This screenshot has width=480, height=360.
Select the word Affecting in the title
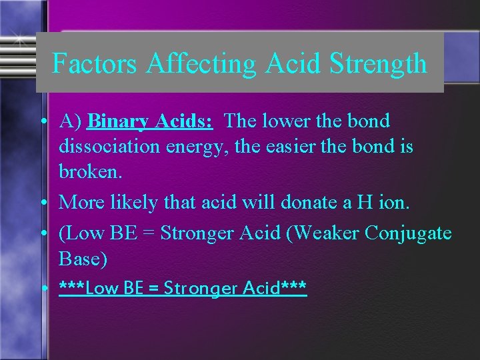(201, 64)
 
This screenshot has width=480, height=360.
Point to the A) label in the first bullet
(70, 122)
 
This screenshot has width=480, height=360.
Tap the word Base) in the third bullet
(83, 259)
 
